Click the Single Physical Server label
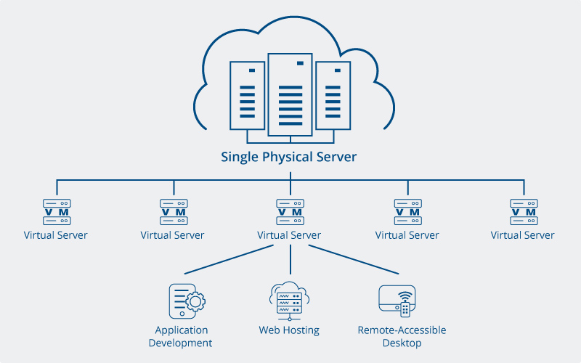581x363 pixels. click(289, 157)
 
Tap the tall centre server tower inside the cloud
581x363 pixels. click(290, 94)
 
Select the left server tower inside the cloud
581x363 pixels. click(247, 94)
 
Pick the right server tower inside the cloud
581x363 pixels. click(333, 94)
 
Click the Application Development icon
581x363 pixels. click(186, 301)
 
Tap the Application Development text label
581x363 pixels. click(180, 336)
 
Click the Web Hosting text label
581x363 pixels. click(289, 330)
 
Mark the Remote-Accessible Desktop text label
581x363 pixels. click(402, 336)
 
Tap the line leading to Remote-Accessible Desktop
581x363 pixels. click(354, 260)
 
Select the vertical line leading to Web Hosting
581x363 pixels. click(290, 259)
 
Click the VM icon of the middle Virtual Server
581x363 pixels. click(289, 212)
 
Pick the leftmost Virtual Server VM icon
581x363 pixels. click(56, 212)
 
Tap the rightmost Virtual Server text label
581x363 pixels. click(522, 235)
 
